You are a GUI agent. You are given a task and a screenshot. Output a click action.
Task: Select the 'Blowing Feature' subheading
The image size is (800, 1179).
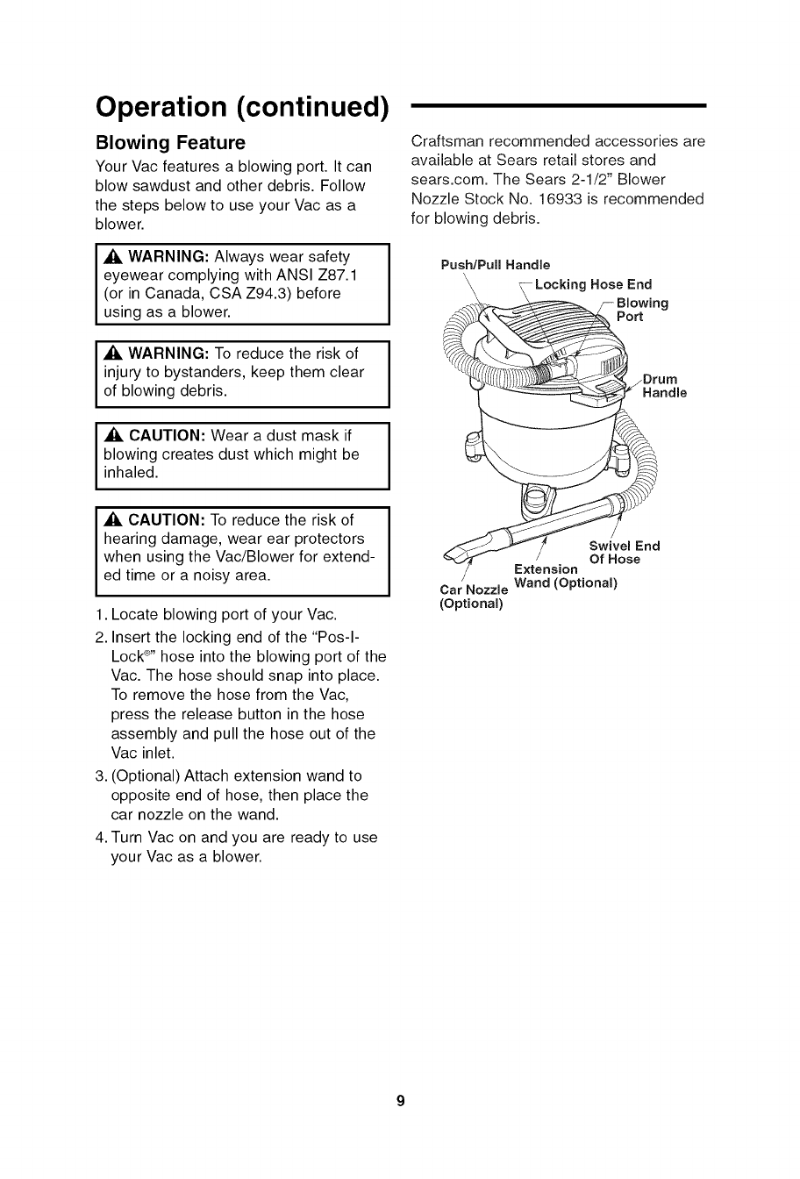pyautogui.click(x=170, y=142)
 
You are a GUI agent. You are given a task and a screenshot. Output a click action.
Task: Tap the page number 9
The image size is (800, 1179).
pyautogui.click(x=400, y=1101)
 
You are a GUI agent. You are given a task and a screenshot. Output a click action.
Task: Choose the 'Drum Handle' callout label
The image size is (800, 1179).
pyautogui.click(x=664, y=386)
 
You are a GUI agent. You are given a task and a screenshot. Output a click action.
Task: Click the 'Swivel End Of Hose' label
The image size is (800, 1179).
pyautogui.click(x=624, y=553)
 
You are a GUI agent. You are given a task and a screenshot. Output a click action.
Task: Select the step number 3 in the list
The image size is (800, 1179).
pyautogui.click(x=99, y=776)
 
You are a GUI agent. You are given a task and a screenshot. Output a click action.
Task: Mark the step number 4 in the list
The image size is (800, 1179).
pyautogui.click(x=99, y=838)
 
